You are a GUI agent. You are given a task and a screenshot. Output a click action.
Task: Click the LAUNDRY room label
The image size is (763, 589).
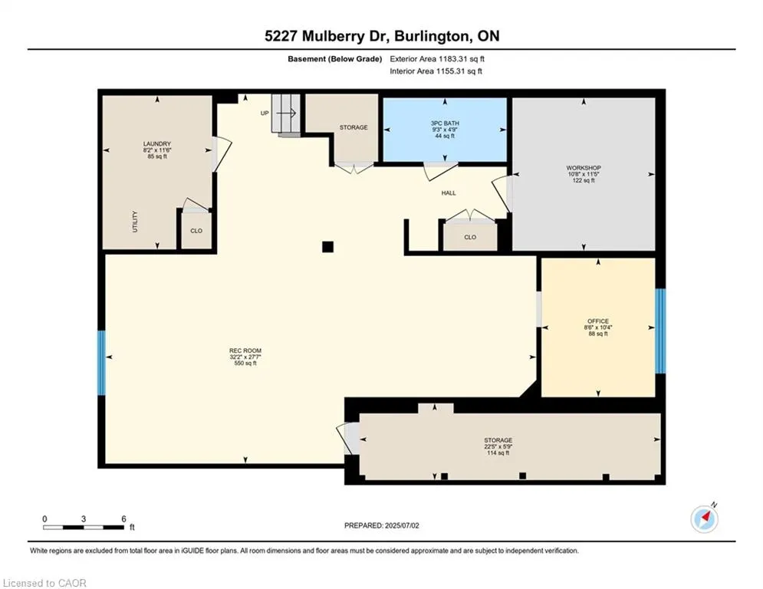[156, 143]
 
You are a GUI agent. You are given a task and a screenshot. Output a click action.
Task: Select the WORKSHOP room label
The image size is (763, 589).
[583, 167]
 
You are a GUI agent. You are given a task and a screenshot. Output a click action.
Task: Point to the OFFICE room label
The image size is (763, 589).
[598, 321]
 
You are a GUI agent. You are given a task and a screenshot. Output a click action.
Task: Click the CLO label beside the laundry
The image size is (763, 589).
[196, 230]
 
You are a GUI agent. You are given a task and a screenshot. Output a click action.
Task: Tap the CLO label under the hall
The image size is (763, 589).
[469, 237]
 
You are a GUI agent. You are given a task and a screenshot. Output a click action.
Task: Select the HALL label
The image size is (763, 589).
[449, 193]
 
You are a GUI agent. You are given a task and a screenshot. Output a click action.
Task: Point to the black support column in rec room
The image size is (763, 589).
[327, 246]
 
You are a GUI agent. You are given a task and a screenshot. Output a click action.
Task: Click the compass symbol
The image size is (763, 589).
[704, 519]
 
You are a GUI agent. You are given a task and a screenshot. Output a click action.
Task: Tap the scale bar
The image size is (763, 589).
[84, 527]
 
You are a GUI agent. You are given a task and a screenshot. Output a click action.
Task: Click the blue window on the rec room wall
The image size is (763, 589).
[101, 363]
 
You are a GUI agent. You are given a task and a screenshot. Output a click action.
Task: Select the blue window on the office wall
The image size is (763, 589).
[660, 331]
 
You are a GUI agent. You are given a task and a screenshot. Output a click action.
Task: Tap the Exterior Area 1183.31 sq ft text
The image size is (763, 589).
[437, 58]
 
